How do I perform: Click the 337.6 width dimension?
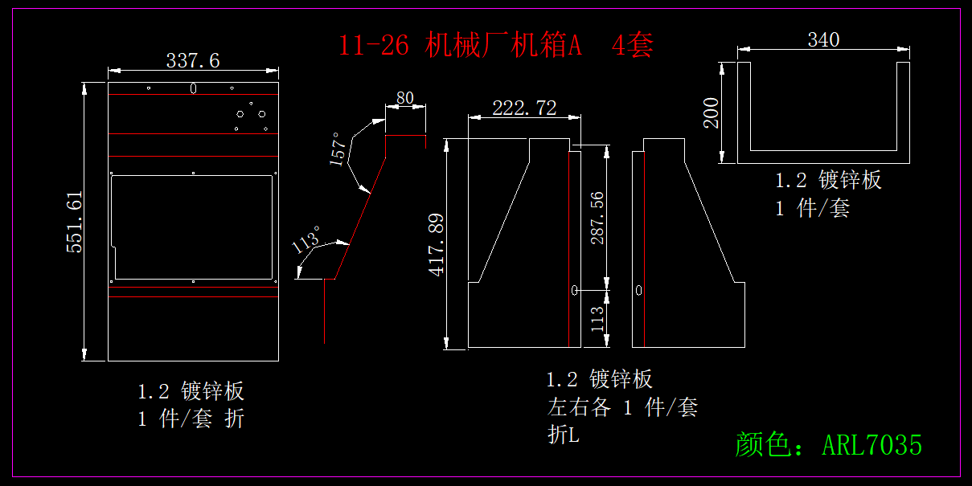[193, 60]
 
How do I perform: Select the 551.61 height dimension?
[75, 223]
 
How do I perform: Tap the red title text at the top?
[495, 45]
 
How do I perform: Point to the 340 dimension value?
[823, 40]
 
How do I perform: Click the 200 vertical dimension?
[712, 113]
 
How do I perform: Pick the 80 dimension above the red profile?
[405, 98]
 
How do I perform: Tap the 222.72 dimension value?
[524, 108]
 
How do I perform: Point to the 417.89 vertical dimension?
[437, 244]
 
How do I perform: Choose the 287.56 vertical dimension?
[597, 218]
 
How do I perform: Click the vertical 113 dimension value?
[597, 319]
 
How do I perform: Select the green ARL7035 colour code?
[872, 444]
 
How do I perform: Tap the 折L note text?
[563, 435]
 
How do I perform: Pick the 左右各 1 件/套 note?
[622, 407]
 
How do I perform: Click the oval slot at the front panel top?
[193, 88]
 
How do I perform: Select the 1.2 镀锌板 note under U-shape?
[828, 180]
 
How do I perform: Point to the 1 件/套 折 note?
[191, 419]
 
